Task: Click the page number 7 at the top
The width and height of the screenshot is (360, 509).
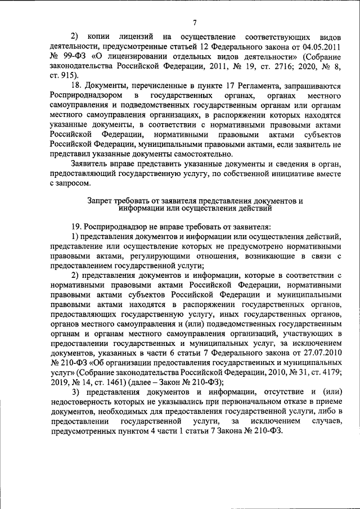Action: (x=193, y=22)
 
